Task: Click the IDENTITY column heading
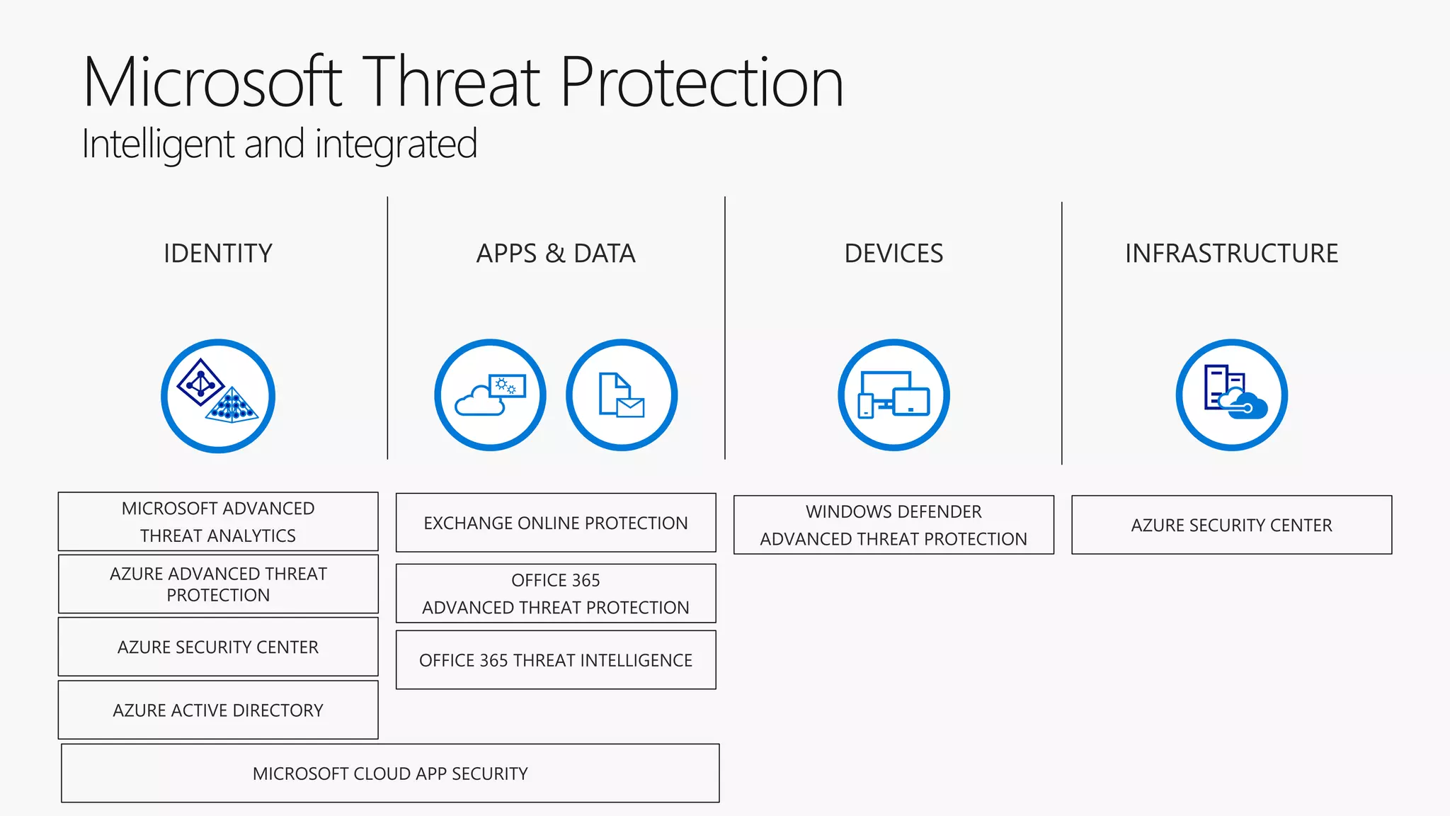pos(218,254)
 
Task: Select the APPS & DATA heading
pos(556,254)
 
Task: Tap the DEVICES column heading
pos(894,254)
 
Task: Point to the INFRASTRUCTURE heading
pos(1231,254)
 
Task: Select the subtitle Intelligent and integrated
pos(280,144)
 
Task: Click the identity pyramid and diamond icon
pos(218,395)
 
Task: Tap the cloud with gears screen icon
pos(490,395)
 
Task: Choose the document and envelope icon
pos(622,395)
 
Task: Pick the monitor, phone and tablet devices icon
pos(894,395)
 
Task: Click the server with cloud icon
pos(1232,395)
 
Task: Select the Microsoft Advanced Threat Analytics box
pos(218,522)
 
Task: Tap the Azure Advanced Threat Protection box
pos(218,584)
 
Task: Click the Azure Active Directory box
pos(218,710)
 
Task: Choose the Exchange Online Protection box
pos(556,523)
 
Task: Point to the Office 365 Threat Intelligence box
pos(556,660)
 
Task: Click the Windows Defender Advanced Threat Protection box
pos(894,525)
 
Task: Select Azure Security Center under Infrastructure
pos(1231,525)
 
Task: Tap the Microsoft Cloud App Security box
pos(390,773)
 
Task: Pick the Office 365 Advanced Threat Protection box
pos(556,594)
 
